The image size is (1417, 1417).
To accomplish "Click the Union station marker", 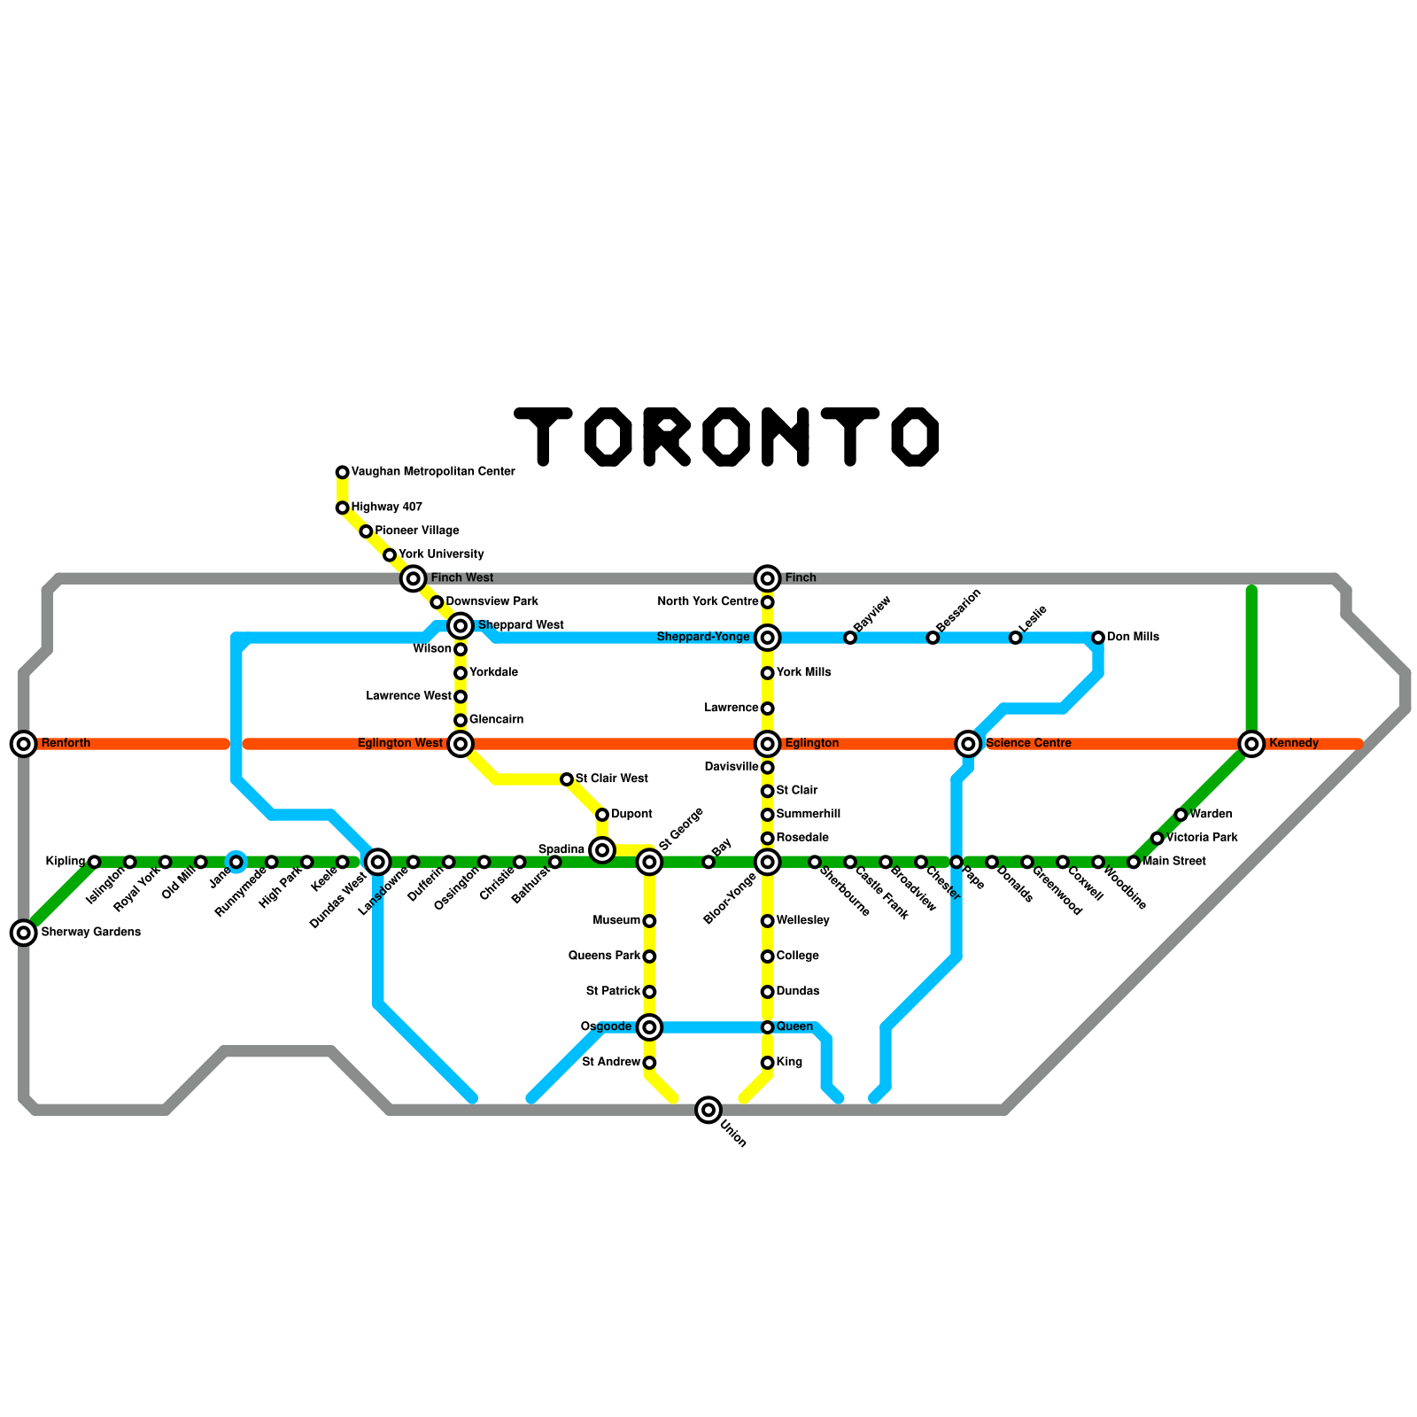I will coord(708,1109).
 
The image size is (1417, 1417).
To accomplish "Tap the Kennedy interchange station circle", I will coord(1251,744).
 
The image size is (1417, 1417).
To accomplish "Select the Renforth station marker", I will coord(24,744).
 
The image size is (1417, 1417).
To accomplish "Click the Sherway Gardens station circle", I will coord(24,932).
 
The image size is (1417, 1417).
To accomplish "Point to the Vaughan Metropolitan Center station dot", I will coord(342,472).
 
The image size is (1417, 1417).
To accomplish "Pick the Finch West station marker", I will coord(413,578).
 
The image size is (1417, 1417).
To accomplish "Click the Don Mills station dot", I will coord(1097,638).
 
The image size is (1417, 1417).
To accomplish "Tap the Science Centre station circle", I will coord(968,744).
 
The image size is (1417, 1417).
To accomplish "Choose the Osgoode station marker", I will coord(649,1027).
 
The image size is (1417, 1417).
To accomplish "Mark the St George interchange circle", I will coord(649,861).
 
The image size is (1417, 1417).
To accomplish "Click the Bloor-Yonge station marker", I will coord(767,861).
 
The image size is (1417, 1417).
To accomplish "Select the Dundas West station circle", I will coord(378,861).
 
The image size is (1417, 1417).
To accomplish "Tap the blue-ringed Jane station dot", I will coord(236,862).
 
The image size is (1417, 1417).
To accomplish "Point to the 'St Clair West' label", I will coord(611,779).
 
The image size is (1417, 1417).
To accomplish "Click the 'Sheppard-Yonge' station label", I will coord(703,638).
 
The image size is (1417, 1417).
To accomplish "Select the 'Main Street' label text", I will coord(1173,862).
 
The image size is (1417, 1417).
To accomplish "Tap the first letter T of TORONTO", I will coord(543,436).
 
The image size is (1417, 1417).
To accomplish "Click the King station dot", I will coord(767,1063).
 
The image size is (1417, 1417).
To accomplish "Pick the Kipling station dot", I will coord(95,862).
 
